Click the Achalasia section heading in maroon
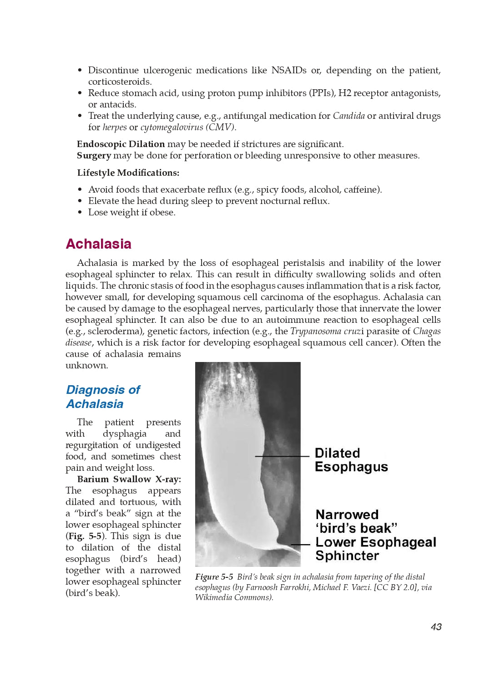(x=98, y=244)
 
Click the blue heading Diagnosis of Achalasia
(x=103, y=397)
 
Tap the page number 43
(x=436, y=627)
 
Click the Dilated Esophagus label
(x=351, y=460)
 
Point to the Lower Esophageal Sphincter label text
(x=375, y=549)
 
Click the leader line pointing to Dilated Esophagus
(x=282, y=456)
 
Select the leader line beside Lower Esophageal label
(x=301, y=544)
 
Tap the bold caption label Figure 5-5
(x=214, y=577)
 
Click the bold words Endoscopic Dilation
(x=121, y=144)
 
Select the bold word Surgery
(x=94, y=155)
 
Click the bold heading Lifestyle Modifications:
(x=128, y=173)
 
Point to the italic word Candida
(x=349, y=116)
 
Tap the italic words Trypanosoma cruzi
(x=327, y=331)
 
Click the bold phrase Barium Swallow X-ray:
(x=129, y=479)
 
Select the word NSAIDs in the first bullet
(x=288, y=70)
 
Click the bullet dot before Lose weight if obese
(x=80, y=213)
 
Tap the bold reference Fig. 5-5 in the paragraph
(x=85, y=536)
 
